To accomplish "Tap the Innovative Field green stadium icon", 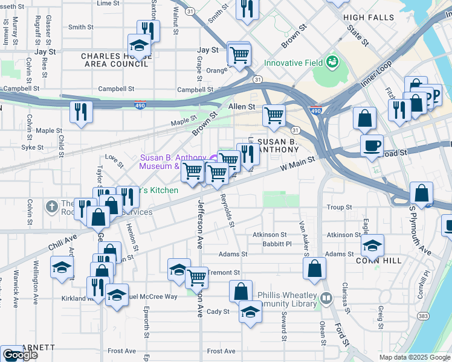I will [332, 62].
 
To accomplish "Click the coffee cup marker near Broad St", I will [371, 145].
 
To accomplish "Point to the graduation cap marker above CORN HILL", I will [372, 245].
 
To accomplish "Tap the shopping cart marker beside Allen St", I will [274, 115].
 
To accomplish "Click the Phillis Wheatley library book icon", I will [326, 298].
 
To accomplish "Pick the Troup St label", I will [339, 207].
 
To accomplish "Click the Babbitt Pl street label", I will [277, 244].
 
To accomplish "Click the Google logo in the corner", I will [20, 355].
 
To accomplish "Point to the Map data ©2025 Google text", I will [414, 357].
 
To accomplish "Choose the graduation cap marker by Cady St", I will [250, 312].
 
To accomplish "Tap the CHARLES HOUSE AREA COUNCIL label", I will [115, 60].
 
